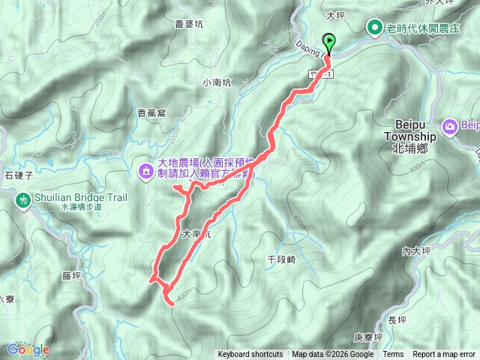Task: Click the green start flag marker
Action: (x=328, y=43)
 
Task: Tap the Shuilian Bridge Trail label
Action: (x=73, y=198)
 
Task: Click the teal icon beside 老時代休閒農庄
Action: (x=373, y=28)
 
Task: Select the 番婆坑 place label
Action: (x=188, y=24)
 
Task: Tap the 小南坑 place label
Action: (x=217, y=83)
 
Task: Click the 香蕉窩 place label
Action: (x=151, y=113)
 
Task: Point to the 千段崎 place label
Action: (x=281, y=259)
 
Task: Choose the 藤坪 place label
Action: (x=71, y=275)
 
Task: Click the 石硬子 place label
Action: (x=14, y=175)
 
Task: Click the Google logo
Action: (x=28, y=349)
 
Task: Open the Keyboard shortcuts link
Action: (x=250, y=355)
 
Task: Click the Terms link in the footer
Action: (x=393, y=355)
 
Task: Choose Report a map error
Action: (x=444, y=355)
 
